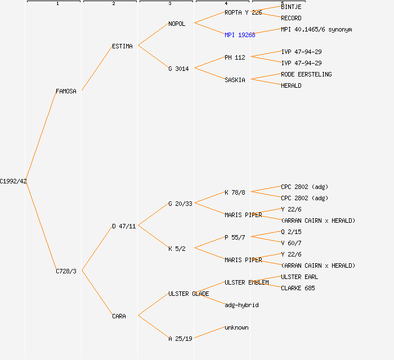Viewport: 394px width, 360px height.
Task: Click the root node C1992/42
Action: [x=13, y=181]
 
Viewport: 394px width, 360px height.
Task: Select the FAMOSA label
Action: [x=66, y=91]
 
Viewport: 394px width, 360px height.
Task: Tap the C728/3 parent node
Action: [x=66, y=271]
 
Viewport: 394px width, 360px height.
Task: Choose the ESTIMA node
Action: [x=122, y=46]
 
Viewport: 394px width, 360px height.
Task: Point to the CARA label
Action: [x=119, y=316]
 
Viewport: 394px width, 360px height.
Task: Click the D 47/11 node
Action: [x=124, y=226]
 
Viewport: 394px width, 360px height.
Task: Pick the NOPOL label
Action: [x=177, y=24]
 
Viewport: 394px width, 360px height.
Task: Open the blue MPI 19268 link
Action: [x=240, y=35]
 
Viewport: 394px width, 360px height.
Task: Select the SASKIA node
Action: [x=235, y=80]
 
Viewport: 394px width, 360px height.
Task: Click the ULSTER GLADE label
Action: [x=189, y=294]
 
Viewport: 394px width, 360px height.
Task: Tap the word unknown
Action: [x=236, y=327]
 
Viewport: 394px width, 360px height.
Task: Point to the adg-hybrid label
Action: [x=241, y=305]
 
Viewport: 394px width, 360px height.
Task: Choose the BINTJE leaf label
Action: [x=291, y=7]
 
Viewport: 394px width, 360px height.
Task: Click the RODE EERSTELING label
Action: [x=306, y=74]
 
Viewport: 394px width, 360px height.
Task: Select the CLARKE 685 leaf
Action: [x=298, y=288]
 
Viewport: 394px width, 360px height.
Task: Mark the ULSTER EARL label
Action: [x=299, y=277]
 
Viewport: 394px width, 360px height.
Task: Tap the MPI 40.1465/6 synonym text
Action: [x=316, y=29]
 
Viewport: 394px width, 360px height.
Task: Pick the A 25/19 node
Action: [x=180, y=339]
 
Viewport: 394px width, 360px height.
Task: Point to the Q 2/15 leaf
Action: [x=291, y=232]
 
